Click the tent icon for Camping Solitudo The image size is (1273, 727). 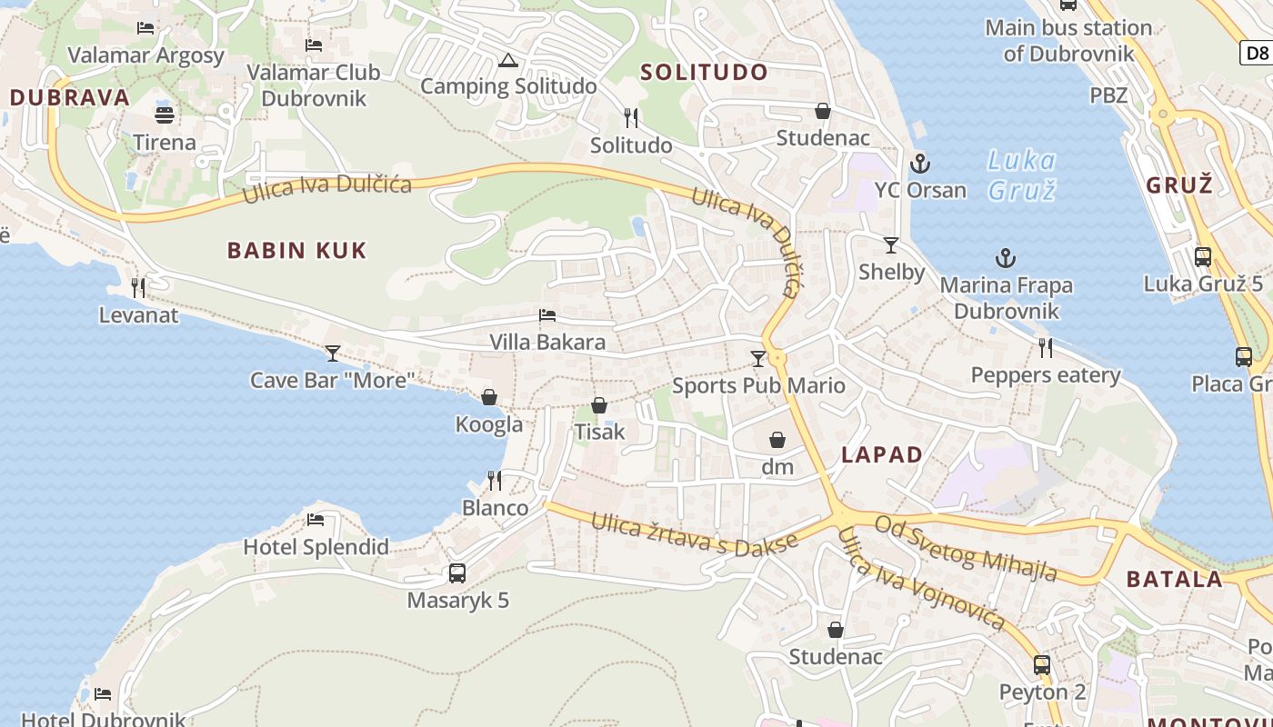pyautogui.click(x=507, y=61)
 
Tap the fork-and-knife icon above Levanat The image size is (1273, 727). pyautogui.click(x=138, y=288)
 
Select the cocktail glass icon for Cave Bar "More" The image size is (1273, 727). pyautogui.click(x=333, y=353)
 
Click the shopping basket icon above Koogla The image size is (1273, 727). pyautogui.click(x=489, y=397)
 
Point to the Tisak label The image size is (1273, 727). pyautogui.click(x=599, y=432)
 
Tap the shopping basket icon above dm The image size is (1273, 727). pyautogui.click(x=777, y=440)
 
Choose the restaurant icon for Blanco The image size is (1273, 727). pyautogui.click(x=495, y=480)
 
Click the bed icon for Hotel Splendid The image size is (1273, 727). pyautogui.click(x=316, y=520)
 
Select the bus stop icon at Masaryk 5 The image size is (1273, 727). pyautogui.click(x=457, y=573)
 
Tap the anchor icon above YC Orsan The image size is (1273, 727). pyautogui.click(x=920, y=164)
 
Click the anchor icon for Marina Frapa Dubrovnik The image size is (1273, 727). pyautogui.click(x=1005, y=258)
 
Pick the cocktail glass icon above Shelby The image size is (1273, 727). pyautogui.click(x=891, y=245)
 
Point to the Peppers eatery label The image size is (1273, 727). pyautogui.click(x=1046, y=375)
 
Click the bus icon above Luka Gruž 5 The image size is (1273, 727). pyautogui.click(x=1203, y=256)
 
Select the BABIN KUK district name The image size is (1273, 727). pyautogui.click(x=296, y=251)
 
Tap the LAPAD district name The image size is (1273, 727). pyautogui.click(x=882, y=455)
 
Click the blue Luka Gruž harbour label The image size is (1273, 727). pyautogui.click(x=1022, y=175)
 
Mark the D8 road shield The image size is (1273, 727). pyautogui.click(x=1257, y=53)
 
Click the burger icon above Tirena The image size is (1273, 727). pyautogui.click(x=165, y=115)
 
